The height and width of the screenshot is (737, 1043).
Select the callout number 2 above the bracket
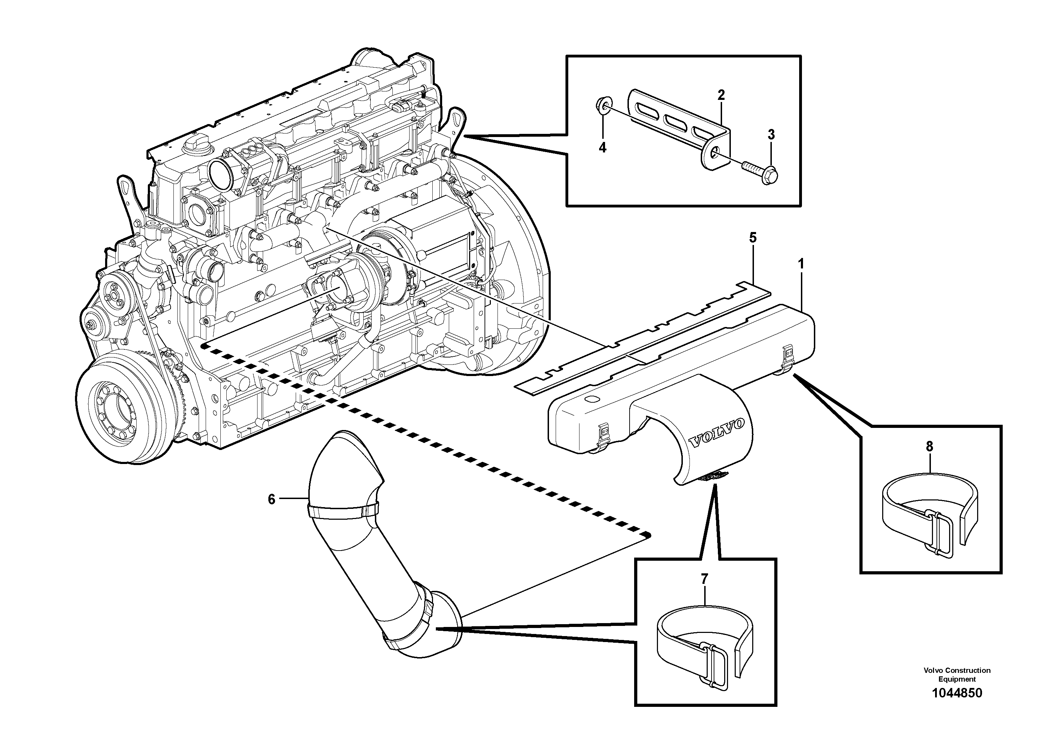click(x=721, y=95)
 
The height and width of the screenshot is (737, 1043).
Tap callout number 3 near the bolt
click(x=771, y=135)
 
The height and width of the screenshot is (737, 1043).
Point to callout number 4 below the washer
click(x=602, y=148)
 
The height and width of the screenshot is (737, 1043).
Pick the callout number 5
click(x=752, y=237)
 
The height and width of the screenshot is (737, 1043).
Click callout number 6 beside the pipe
click(x=272, y=499)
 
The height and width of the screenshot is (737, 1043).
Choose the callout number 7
click(x=704, y=579)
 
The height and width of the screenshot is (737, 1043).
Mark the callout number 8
click(x=929, y=447)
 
